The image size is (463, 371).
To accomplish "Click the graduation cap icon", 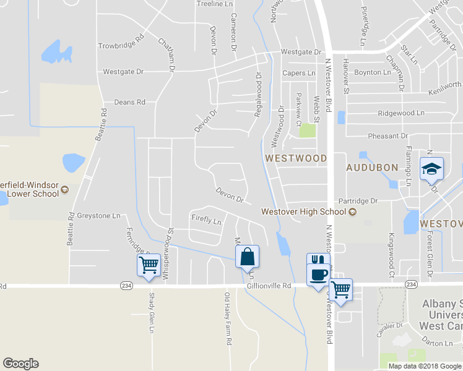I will [431, 168].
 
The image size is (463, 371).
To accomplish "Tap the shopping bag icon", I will [247, 255].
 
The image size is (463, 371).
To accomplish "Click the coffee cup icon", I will [319, 275].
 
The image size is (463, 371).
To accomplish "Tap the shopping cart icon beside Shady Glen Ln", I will [149, 265].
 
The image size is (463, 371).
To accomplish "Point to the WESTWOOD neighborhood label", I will [296, 158].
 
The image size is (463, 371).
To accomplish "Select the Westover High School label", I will [303, 211].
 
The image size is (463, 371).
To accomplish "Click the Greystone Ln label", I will [98, 216].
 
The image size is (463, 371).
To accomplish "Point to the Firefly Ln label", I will [206, 220].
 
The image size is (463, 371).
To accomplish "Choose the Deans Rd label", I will [129, 102].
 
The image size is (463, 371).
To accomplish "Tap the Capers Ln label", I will [299, 73].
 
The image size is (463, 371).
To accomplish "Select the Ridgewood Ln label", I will [401, 113].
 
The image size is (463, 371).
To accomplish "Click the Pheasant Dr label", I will [388, 135].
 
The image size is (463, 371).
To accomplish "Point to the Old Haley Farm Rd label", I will [228, 318].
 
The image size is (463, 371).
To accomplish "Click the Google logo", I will [20, 364].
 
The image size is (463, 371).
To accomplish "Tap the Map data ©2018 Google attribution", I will [424, 366].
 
